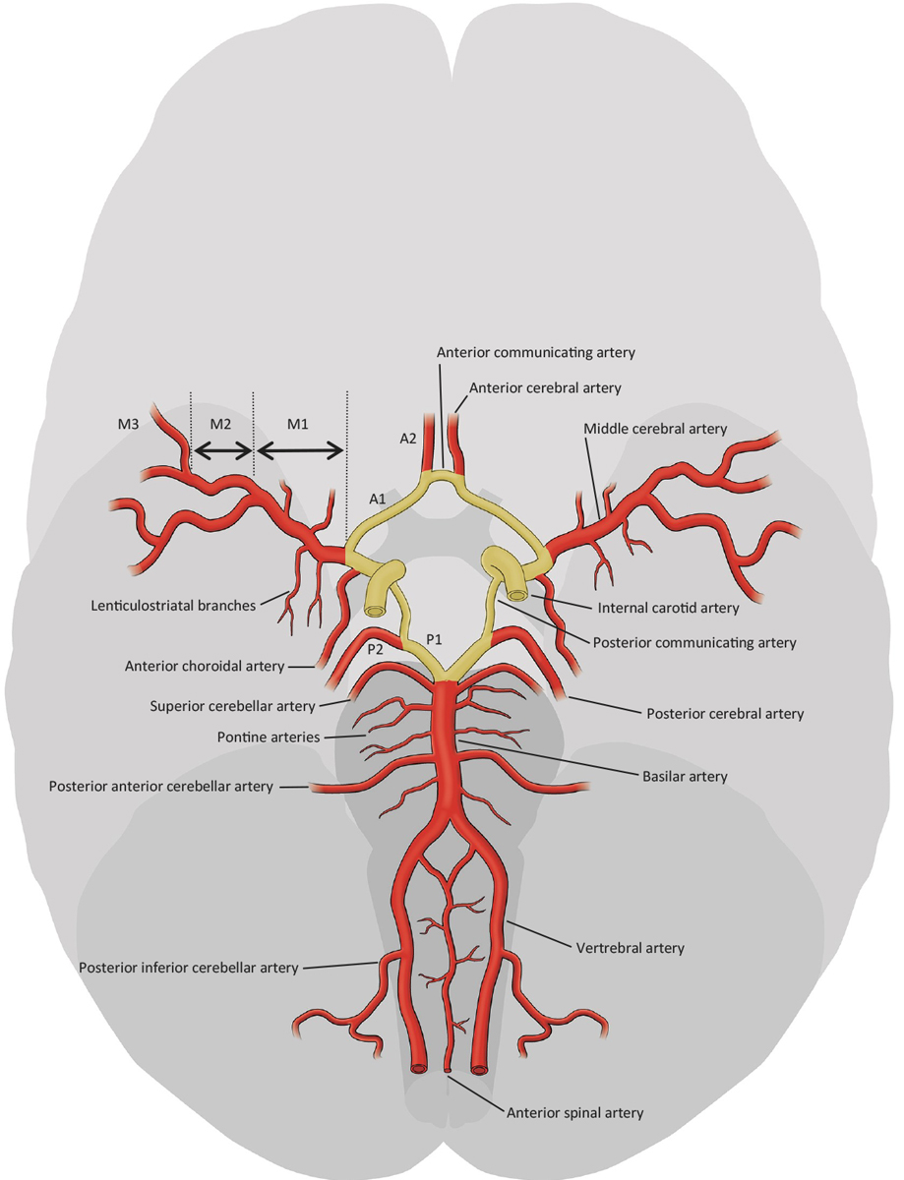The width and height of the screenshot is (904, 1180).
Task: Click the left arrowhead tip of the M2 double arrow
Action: (195, 450)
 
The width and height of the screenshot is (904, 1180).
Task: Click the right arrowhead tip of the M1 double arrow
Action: (343, 450)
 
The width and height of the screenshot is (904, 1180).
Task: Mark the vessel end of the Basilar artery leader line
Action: (458, 740)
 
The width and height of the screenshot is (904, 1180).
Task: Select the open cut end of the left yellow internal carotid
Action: (375, 611)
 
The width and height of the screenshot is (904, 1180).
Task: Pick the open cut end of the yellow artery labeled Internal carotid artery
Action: (517, 595)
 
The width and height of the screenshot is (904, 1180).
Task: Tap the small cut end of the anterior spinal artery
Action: (448, 1069)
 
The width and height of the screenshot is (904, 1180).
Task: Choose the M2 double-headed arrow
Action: (223, 450)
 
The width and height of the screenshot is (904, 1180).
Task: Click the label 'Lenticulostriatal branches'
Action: (173, 606)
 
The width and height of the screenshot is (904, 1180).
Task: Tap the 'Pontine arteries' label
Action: (269, 737)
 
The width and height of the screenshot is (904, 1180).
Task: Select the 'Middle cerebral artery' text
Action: (655, 429)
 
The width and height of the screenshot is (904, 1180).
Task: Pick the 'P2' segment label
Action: (375, 649)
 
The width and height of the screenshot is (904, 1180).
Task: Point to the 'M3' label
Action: (128, 424)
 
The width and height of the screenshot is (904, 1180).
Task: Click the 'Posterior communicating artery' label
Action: (694, 642)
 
